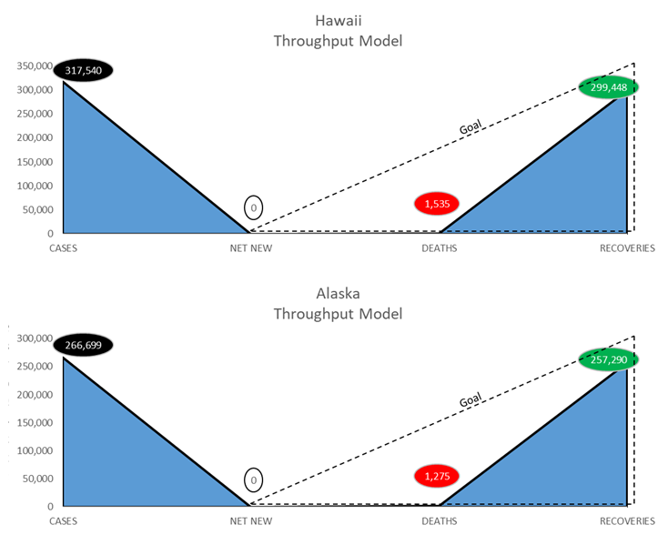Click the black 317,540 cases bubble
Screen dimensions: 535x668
tap(83, 69)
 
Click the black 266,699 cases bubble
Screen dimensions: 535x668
tap(83, 345)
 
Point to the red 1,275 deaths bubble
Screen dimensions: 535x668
tap(437, 475)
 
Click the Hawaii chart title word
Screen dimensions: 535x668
tap(338, 20)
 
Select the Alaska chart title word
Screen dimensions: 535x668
tap(338, 294)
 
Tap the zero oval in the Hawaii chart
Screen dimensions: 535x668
tap(255, 208)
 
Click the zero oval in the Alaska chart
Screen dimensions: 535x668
tap(255, 479)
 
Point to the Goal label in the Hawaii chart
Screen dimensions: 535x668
tap(471, 127)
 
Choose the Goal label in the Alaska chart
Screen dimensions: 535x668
tap(471, 400)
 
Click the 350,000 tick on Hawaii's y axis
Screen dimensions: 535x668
tap(35, 66)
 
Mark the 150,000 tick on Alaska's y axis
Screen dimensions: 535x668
tap(35, 423)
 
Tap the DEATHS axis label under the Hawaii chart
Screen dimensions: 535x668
tap(439, 247)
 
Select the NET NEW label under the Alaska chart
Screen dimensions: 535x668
tap(250, 521)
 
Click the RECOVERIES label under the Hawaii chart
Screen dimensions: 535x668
tap(627, 247)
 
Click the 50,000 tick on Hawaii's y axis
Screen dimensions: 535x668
tap(37, 210)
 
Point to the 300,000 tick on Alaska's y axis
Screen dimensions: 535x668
tap(35, 338)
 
